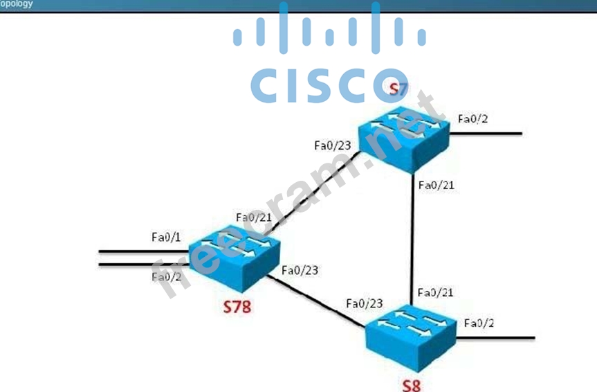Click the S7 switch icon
click(x=403, y=143)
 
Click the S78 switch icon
click(x=235, y=257)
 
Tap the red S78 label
click(x=237, y=305)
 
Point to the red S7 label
click(x=398, y=89)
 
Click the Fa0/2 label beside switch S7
click(x=473, y=118)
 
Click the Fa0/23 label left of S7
click(x=332, y=145)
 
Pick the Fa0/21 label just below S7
click(x=436, y=184)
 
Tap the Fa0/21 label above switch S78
click(x=254, y=217)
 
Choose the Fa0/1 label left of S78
click(x=166, y=237)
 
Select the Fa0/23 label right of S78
click(x=301, y=270)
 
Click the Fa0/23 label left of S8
click(x=365, y=303)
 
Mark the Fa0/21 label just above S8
click(x=436, y=292)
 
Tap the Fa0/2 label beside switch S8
click(x=479, y=323)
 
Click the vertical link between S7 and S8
click(x=413, y=235)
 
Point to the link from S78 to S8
click(x=318, y=301)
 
